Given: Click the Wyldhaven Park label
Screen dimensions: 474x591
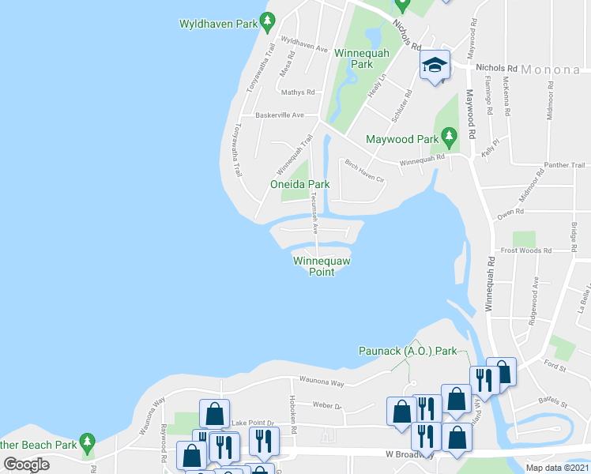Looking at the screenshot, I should coord(219,24).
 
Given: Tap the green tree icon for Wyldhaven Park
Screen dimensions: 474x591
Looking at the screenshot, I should coord(268,21).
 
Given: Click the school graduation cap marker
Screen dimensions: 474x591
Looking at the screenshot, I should coord(434,65).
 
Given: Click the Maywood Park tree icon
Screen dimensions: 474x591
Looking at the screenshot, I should coord(450,137).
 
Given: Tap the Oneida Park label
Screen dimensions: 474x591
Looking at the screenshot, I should coord(299,184).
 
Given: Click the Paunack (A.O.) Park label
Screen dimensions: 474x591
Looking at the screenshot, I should coord(408,350).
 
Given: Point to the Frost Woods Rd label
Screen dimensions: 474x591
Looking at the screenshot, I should coord(547,250).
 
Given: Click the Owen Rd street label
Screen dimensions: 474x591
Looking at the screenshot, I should coord(510,212).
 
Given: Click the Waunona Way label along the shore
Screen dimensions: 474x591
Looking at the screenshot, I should coord(321,382).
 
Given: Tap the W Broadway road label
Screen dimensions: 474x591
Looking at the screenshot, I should coord(410,455).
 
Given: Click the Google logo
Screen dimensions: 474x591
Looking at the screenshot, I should coord(26,465).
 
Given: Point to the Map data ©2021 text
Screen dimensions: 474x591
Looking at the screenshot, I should coord(557,468).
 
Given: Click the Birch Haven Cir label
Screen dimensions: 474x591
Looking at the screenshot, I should coord(364,170).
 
